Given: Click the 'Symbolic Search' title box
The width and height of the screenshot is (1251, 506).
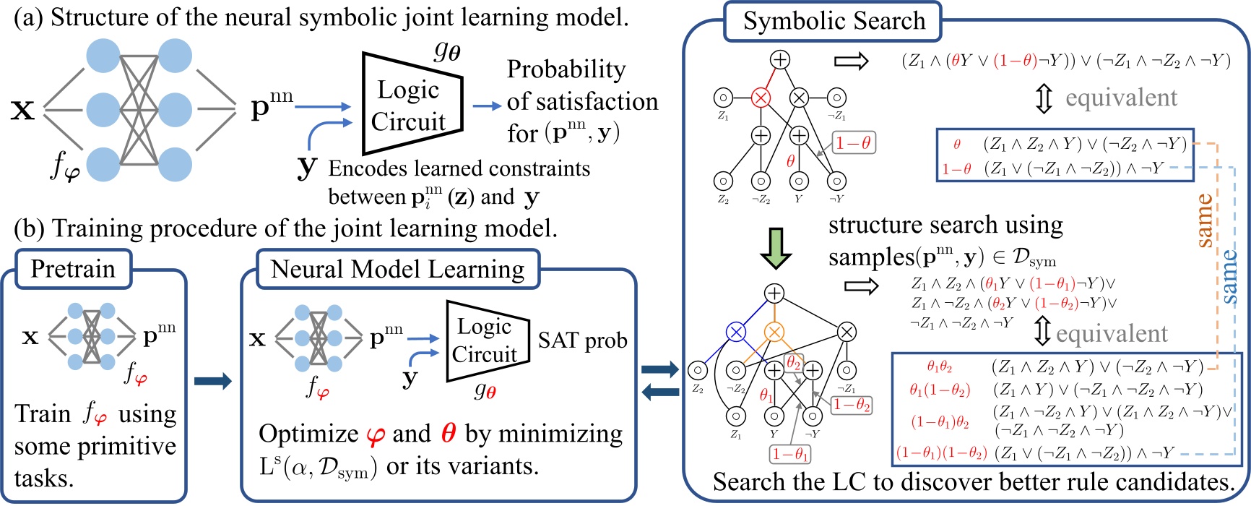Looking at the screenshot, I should click(x=834, y=21).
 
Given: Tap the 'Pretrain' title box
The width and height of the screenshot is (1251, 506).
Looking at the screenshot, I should click(x=73, y=269).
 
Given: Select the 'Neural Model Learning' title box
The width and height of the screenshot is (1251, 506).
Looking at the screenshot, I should click(x=397, y=269).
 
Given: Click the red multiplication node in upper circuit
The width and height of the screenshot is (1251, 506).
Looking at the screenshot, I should click(x=761, y=97).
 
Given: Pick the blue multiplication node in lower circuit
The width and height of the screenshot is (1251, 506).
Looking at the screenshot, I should click(x=735, y=332).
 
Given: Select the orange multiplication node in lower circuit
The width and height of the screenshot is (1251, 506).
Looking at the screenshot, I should click(x=774, y=332).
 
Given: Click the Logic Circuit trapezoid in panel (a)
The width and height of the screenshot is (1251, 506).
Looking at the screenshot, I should click(x=410, y=104).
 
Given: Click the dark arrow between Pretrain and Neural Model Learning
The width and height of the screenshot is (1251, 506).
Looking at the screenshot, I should click(x=213, y=381).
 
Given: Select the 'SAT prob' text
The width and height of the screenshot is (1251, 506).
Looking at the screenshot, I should click(x=582, y=340).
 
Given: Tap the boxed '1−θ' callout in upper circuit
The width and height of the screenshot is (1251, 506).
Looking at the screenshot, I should click(x=854, y=143).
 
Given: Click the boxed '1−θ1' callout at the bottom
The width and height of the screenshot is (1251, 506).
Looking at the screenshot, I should click(x=790, y=454).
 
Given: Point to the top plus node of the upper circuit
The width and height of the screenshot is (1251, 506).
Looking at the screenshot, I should click(x=780, y=59).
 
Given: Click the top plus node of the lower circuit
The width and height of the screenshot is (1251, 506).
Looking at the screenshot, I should click(x=774, y=293).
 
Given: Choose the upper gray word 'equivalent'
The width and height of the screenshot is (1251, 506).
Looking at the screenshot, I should click(x=1121, y=98).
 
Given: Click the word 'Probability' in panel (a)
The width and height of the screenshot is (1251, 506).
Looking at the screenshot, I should click(x=566, y=69).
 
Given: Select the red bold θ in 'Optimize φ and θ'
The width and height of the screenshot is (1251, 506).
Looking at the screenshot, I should click(x=448, y=434).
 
